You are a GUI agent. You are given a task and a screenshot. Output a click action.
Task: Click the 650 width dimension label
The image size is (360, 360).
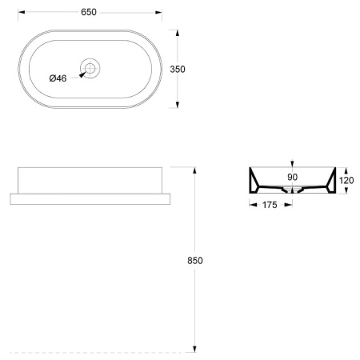[89, 12]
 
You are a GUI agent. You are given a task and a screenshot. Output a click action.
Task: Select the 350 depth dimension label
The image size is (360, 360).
[178, 70]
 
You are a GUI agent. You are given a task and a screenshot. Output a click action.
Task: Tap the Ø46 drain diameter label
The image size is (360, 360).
[58, 78]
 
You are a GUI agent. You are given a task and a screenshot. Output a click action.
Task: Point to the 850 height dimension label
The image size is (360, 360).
[195, 261]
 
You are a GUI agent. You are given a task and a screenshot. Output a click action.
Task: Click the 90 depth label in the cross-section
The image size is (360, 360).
[293, 177]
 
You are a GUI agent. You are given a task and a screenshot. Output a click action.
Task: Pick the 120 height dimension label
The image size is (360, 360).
[346, 181]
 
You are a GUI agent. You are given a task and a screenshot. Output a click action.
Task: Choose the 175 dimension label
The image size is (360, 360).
[270, 205]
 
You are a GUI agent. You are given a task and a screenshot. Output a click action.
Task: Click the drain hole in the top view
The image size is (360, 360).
[90, 68]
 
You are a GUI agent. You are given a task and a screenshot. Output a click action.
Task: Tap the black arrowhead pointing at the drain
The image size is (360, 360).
[82, 75]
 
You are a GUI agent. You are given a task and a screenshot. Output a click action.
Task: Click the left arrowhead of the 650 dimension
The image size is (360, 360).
[22, 12]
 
